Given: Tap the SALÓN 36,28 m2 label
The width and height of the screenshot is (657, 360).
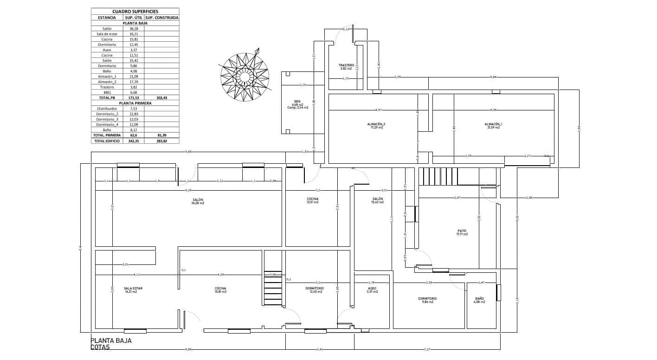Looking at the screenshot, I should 198,201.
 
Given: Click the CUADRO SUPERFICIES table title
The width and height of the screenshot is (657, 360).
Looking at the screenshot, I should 135,11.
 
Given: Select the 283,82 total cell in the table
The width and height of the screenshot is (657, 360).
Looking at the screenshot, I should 161,141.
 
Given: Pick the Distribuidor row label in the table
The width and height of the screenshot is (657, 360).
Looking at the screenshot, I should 107,109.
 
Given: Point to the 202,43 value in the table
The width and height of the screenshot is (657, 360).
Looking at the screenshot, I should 161,98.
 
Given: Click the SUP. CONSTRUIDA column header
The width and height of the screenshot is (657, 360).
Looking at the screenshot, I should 161,18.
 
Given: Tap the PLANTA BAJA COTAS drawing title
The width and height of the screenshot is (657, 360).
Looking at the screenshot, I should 111,343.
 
